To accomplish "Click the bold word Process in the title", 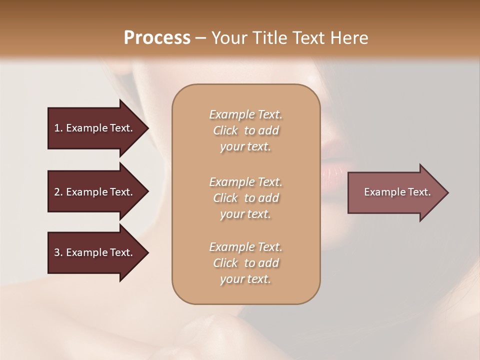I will pos(157,38).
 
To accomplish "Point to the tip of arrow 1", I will pos(147,128).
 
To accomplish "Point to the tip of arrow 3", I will pos(147,252).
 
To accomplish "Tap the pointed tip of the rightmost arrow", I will pos(447,192).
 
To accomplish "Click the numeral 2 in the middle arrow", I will pos(57,192).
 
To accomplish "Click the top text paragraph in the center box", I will pos(245,130).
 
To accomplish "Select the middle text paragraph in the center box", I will pos(245,197).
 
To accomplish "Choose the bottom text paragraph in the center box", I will pos(245,263).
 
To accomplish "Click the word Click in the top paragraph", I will pos(225,130).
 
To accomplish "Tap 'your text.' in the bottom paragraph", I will pos(245,279).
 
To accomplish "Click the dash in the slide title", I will pos(200,38).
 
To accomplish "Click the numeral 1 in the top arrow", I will pos(56,128).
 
